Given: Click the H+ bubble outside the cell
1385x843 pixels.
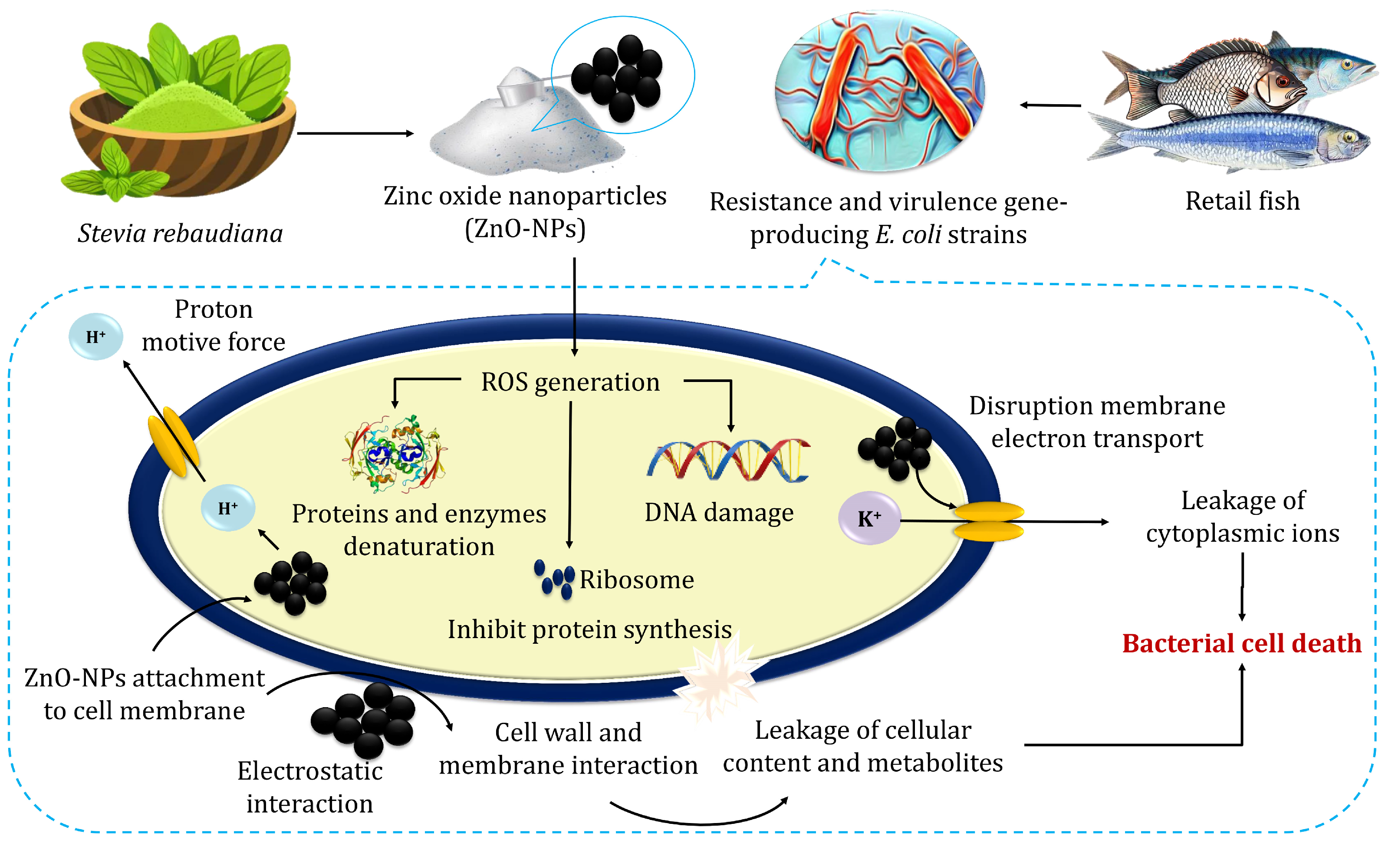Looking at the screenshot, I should pos(95,336).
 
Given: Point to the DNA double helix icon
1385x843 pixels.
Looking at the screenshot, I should pos(728,460).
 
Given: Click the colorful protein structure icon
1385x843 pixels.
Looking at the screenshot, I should pos(395,454).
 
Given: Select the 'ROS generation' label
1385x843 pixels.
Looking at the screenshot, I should pos(570,382).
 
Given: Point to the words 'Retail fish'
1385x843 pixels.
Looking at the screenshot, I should pos(1242,201).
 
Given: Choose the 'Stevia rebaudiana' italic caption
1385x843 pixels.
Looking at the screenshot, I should pos(180,233).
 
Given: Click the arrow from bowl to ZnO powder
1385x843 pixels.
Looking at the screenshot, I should pos(355,133).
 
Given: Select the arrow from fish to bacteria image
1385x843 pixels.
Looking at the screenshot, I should pos(1050,105).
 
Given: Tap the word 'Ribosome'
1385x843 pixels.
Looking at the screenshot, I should pos(636,580).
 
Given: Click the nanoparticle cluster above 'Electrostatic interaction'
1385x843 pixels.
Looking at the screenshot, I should pos(364,719).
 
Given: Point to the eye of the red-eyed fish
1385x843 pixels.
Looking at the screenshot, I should pos(1282,82).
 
